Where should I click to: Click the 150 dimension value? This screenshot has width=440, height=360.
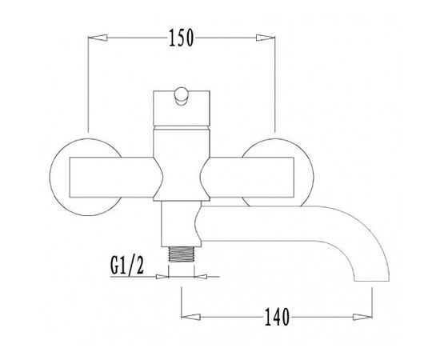(181, 38)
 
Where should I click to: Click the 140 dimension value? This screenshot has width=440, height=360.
(277, 317)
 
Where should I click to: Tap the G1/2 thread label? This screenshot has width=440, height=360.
(127, 266)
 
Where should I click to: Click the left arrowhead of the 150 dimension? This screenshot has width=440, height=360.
(98, 38)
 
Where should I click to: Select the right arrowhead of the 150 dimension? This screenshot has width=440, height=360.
(266, 38)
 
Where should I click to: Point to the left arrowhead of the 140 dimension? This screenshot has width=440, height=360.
(191, 317)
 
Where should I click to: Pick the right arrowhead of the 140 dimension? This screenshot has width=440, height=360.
(362, 317)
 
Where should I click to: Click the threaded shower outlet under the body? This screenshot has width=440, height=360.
(181, 254)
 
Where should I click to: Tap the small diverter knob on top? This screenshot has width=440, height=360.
(181, 96)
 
